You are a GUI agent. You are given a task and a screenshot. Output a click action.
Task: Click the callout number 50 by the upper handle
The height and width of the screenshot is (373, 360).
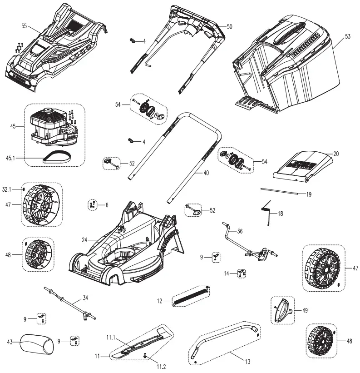(229, 27)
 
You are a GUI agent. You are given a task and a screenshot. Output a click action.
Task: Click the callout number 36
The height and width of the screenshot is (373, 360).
(240, 231)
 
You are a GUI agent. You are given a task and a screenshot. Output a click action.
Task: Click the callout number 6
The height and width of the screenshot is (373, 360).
(107, 205)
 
